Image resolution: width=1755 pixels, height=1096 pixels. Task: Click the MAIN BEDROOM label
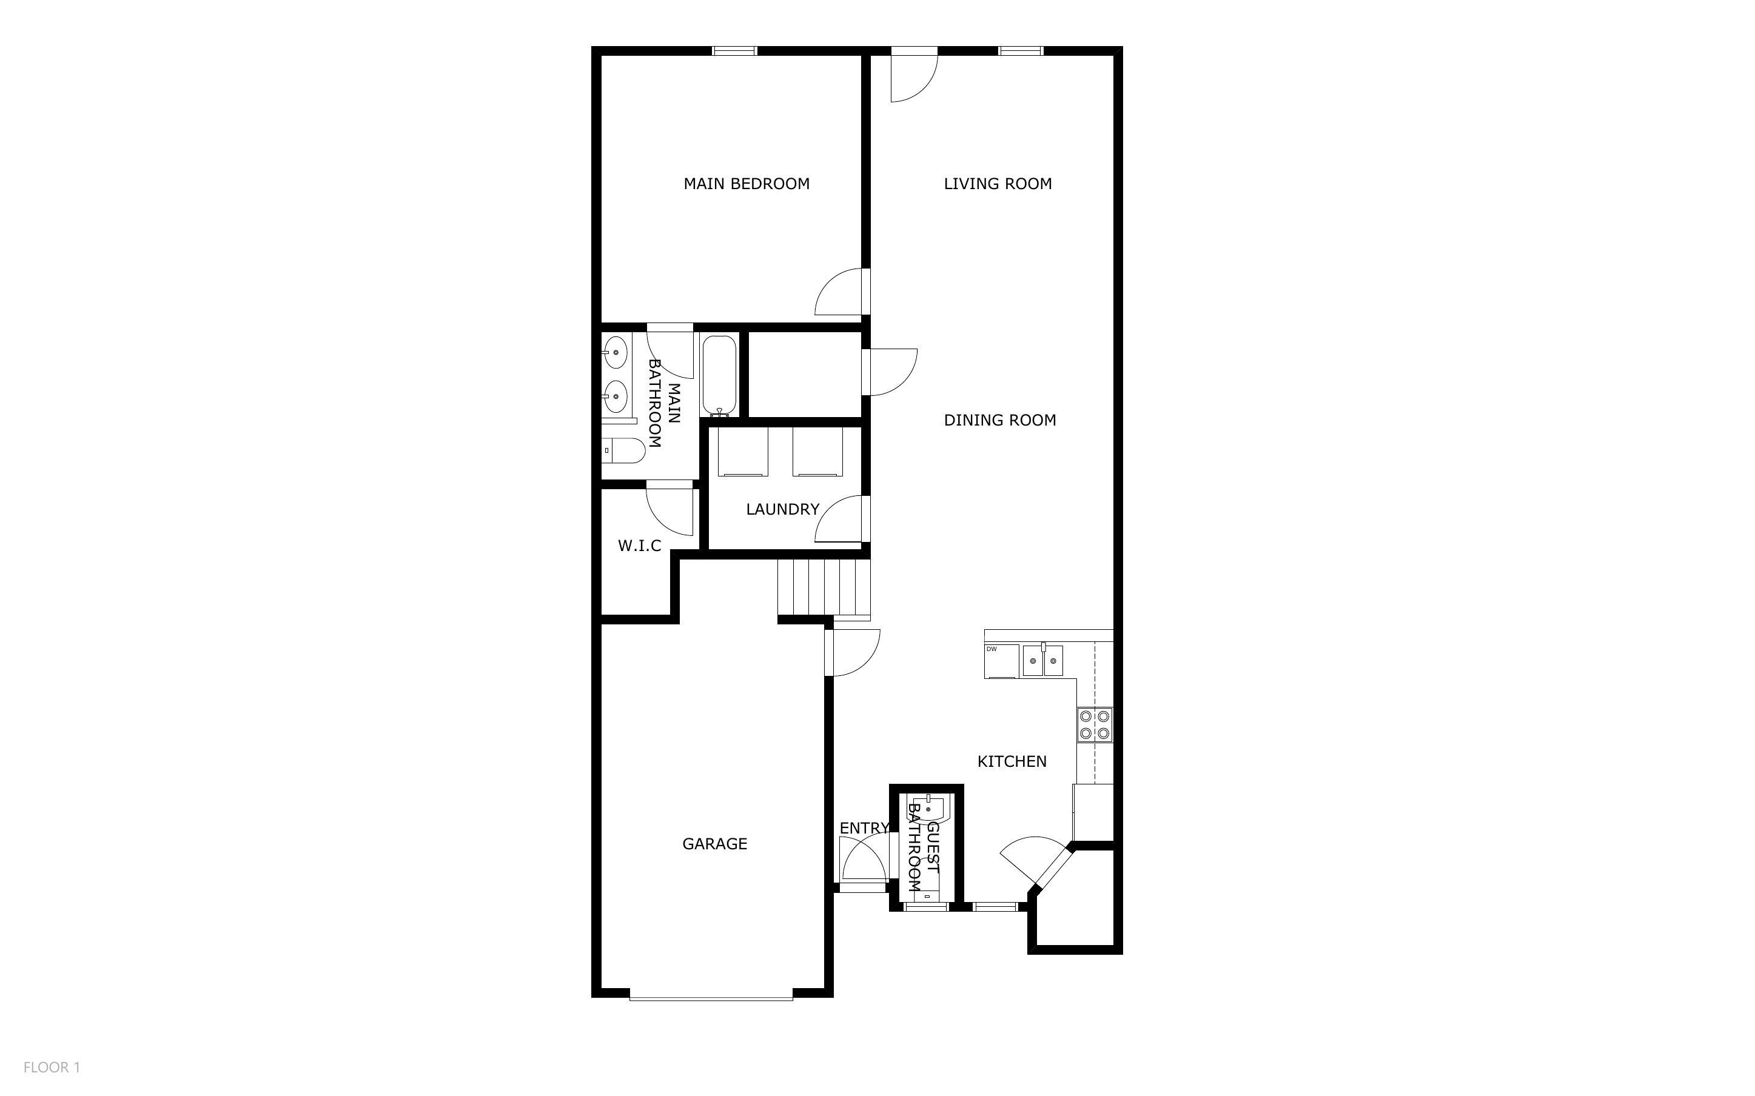746,184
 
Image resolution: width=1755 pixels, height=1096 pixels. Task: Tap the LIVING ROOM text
997,184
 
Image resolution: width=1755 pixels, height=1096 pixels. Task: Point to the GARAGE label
714,844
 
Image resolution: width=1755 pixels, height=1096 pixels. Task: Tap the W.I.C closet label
639,546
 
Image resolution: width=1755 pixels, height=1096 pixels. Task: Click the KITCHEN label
1012,762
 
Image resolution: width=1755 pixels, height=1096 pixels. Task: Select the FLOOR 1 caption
52,1067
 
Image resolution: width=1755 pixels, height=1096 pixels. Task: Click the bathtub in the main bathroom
719,375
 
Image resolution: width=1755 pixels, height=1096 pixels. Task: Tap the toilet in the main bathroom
624,451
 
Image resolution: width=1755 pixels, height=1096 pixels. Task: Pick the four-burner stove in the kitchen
1094,725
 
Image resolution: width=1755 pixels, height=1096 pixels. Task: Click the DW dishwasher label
992,649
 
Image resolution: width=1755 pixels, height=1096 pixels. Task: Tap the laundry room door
841,521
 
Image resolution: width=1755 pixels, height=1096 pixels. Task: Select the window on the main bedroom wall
734,51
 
